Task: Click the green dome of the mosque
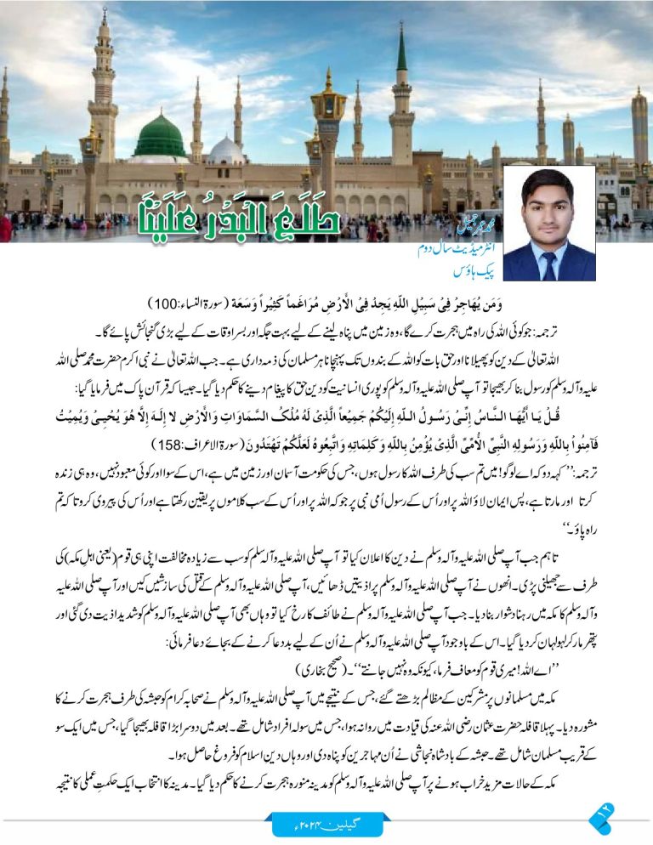click(159, 138)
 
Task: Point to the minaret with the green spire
click(402, 94)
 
